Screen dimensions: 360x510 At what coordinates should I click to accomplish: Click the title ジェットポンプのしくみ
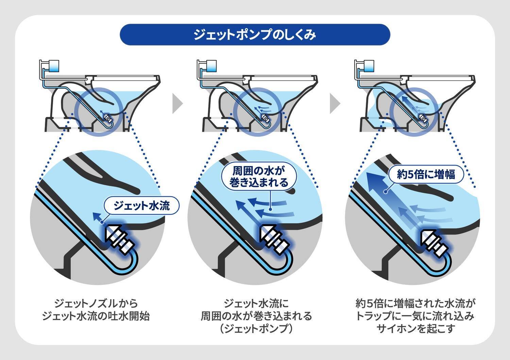click(255, 35)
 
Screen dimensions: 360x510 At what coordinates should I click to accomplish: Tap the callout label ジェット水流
click(141, 205)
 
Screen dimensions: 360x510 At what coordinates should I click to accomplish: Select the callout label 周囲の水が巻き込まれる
click(259, 176)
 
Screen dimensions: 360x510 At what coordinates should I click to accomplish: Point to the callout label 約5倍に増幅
click(426, 174)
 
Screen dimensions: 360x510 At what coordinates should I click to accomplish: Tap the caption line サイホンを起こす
click(415, 329)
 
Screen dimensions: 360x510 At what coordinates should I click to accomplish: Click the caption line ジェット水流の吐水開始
click(96, 316)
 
